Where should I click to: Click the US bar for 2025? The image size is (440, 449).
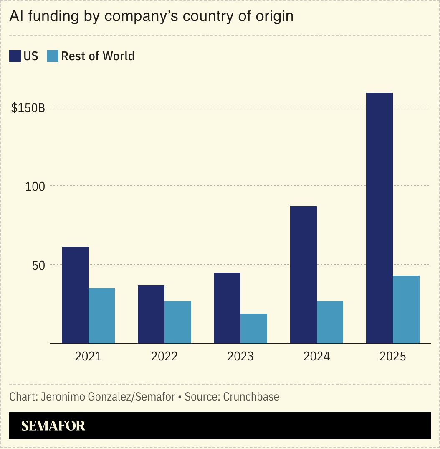coord(379,218)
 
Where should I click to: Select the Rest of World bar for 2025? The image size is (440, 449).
coord(406,309)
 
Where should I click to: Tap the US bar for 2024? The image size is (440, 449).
coord(303,275)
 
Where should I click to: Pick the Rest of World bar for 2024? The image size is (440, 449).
coord(330,322)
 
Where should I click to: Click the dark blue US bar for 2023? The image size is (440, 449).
coord(227,308)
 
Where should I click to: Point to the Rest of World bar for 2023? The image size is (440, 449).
coord(254,328)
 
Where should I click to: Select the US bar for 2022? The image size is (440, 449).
coord(151,314)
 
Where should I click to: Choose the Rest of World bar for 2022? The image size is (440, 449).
coord(178,322)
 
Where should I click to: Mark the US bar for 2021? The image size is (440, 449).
coord(75,295)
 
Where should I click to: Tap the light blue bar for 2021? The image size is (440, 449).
coord(101,316)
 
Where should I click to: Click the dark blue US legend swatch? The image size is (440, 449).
coord(15,56)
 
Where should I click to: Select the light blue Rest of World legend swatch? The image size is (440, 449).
coord(53,56)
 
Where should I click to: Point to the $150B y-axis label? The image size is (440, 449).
coord(28,108)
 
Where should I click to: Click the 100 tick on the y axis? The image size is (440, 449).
coord(35,186)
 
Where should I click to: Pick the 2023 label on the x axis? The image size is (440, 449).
coord(240,356)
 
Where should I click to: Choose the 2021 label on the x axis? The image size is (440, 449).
coord(88,356)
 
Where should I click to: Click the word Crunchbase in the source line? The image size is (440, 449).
coord(251,396)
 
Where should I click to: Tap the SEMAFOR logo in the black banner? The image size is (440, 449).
coord(53,426)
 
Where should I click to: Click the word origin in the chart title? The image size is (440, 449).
coord(274,16)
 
